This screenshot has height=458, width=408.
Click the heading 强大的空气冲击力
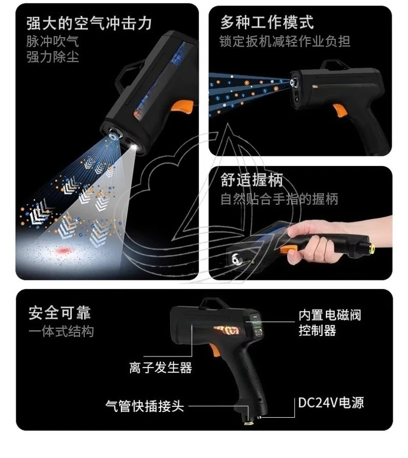click(89, 22)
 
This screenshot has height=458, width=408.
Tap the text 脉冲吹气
click(53, 41)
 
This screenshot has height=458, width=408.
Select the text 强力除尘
click(53, 56)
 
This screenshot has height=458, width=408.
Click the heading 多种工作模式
click(267, 22)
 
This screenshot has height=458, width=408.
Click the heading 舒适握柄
click(251, 180)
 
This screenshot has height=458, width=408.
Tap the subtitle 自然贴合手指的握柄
click(279, 199)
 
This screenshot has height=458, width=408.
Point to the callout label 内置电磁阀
click(329, 315)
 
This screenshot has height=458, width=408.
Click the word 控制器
click(317, 330)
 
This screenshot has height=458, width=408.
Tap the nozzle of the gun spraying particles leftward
click(294, 82)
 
